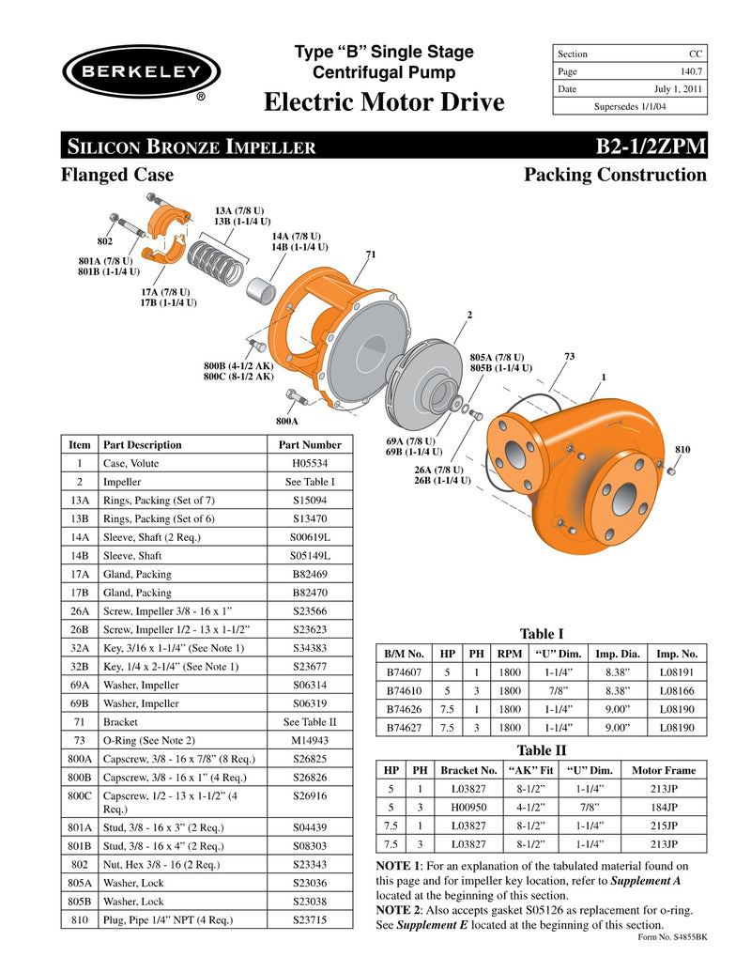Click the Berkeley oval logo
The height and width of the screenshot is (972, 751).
click(x=141, y=72)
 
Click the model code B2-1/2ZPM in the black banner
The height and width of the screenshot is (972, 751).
click(x=651, y=147)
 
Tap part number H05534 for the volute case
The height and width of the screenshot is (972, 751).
click(x=311, y=463)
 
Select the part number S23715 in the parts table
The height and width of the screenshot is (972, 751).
click(x=311, y=920)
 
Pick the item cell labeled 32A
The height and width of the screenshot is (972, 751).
click(x=80, y=648)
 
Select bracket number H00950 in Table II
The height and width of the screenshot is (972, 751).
click(x=460, y=807)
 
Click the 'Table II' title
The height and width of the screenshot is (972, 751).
click(x=542, y=750)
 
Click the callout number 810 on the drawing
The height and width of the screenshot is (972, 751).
click(x=682, y=450)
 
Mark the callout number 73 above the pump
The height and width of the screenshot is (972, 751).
click(x=569, y=356)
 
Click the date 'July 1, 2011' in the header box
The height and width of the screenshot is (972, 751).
click(x=678, y=89)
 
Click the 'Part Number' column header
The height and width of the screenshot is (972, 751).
click(x=311, y=444)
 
